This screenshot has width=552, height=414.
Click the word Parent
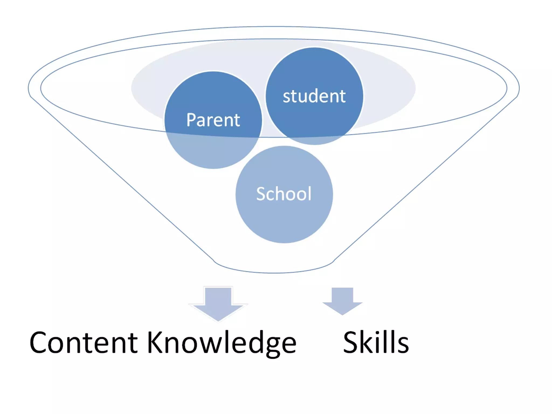coord(213,120)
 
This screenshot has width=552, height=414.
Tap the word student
coord(314,96)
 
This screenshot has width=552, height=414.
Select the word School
coord(284,194)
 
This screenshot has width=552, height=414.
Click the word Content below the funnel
coord(84,342)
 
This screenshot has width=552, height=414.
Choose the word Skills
coord(376,342)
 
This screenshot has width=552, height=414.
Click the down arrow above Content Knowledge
coord(218,303)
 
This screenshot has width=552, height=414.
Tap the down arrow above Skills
coord(342,301)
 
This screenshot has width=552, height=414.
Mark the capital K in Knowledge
coord(156,342)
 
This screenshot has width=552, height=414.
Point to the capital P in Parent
coord(192,120)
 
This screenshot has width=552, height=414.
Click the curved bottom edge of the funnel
coord(274,272)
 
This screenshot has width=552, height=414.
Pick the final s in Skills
coord(403,345)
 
